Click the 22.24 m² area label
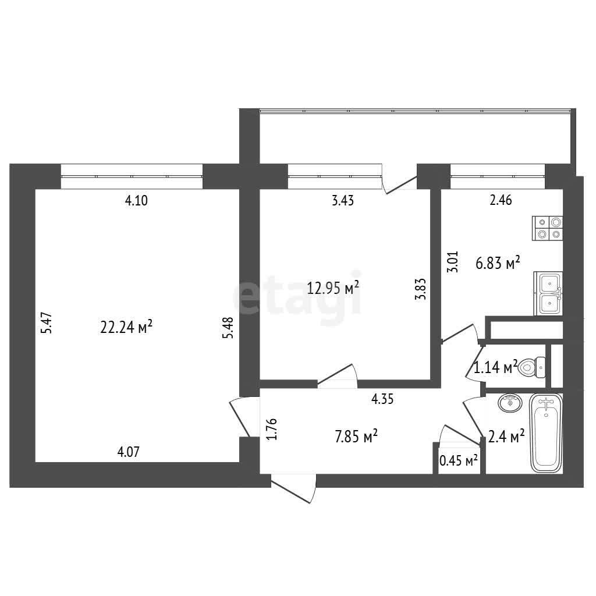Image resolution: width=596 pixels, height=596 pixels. click(x=126, y=327)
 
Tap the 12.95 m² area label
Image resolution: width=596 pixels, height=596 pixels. click(x=333, y=288)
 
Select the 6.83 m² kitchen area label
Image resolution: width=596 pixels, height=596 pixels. click(x=498, y=262)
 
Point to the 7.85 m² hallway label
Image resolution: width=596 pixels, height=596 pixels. click(x=356, y=437)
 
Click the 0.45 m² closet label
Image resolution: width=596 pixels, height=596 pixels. click(x=459, y=461)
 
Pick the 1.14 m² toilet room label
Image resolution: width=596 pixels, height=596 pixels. click(x=496, y=368)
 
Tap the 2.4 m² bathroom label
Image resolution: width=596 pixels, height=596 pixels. click(x=506, y=437)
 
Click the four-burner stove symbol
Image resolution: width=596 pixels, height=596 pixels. click(x=547, y=228)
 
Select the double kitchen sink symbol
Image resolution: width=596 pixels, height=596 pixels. click(x=548, y=293)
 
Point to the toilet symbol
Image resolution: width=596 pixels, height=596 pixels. click(x=532, y=368)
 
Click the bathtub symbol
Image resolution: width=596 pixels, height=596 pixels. click(x=546, y=433)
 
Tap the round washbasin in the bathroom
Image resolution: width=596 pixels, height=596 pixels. click(x=510, y=403)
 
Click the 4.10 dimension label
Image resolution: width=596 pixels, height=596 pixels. click(x=136, y=200)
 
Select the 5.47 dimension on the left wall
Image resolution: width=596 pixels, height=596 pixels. click(x=46, y=323)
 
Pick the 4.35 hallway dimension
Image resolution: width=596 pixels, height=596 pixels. click(x=382, y=399)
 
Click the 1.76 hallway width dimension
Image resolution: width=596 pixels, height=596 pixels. click(x=272, y=429)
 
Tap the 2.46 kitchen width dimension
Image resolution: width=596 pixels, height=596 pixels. click(x=501, y=200)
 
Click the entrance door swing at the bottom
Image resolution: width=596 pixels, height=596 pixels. click(x=293, y=489)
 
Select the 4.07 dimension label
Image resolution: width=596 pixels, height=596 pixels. click(x=129, y=452)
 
